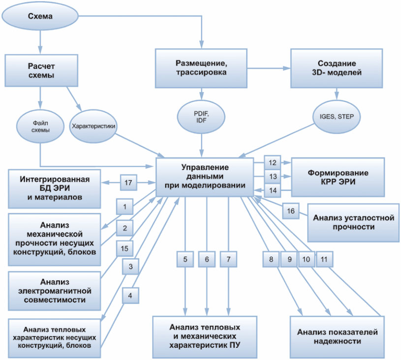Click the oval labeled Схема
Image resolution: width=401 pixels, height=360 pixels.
point(40,16)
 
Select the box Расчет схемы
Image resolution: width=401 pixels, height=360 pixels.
point(41,70)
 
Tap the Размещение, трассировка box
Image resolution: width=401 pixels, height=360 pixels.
point(201,68)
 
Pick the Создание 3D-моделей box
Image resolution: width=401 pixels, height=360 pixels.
point(337,68)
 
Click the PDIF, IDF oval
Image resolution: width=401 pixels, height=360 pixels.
point(201,117)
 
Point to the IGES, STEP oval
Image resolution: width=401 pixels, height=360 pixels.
point(337,117)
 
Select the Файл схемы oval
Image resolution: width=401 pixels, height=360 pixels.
point(40,126)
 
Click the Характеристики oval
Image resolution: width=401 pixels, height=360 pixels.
point(93,126)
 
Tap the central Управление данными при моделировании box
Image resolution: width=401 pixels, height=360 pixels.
point(205,177)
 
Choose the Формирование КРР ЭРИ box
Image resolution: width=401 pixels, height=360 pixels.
point(338,177)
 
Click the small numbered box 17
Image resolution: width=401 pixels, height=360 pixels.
point(128,182)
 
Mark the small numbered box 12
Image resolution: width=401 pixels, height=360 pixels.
point(273,163)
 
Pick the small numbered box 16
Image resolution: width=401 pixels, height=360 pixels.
point(291,211)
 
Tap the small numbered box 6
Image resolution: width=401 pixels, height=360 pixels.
point(207,259)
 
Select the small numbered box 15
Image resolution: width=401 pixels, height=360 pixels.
point(124,248)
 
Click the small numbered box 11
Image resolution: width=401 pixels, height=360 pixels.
point(324,259)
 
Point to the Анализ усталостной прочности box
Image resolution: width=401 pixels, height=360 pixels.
point(353,222)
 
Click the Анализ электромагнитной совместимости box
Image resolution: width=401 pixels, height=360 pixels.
point(55,291)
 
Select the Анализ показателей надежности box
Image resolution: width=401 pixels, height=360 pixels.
point(337,337)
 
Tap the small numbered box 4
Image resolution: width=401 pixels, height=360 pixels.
point(130,296)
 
